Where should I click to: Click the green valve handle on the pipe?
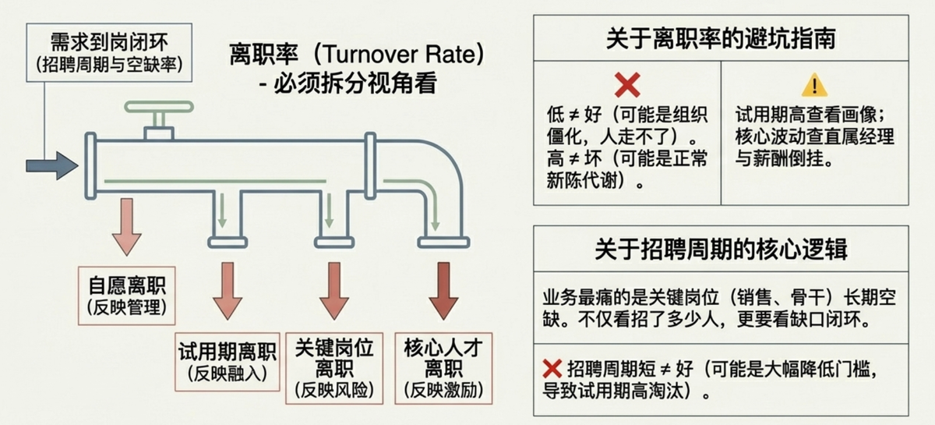(158, 107)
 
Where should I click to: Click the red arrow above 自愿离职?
(125, 226)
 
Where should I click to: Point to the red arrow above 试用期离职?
(228, 290)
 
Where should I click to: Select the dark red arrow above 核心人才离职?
(444, 290)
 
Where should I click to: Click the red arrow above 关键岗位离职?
(334, 290)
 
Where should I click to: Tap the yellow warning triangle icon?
(814, 83)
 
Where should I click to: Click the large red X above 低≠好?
(626, 83)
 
